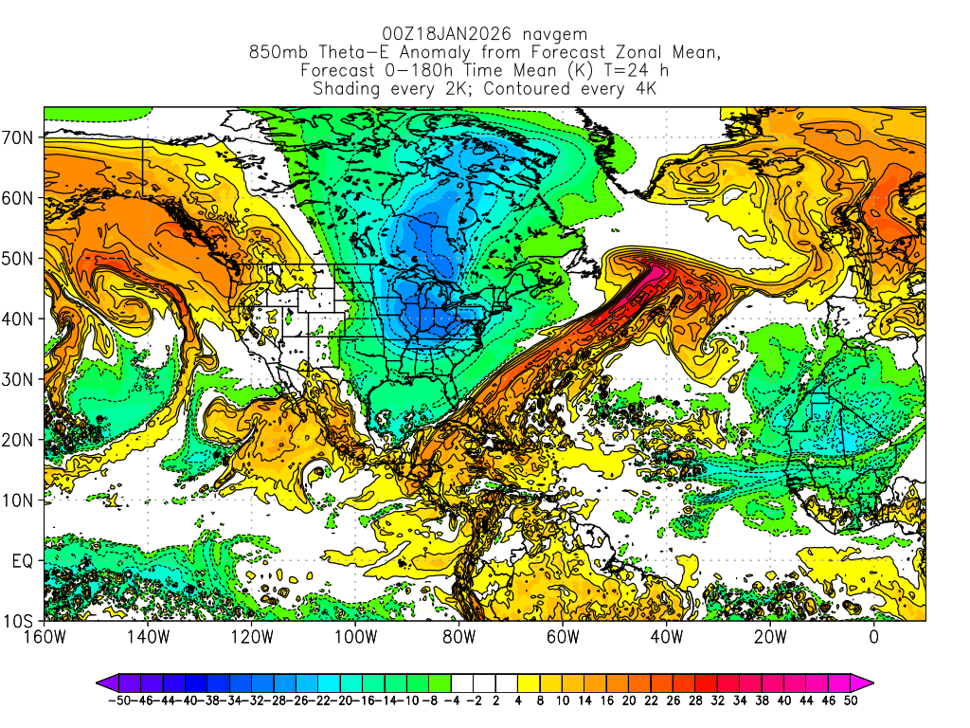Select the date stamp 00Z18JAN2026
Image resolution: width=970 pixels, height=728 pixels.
click(450, 33)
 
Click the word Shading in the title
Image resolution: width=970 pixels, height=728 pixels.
click(347, 89)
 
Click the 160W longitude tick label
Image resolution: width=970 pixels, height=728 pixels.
click(44, 636)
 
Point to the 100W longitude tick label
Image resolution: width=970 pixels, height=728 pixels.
click(355, 636)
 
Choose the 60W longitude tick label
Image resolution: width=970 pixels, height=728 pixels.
click(563, 636)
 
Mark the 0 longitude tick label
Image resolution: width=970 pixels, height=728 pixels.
click(873, 636)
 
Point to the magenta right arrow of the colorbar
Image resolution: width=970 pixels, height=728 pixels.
click(865, 682)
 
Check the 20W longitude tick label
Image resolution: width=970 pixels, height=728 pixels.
click(770, 636)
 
